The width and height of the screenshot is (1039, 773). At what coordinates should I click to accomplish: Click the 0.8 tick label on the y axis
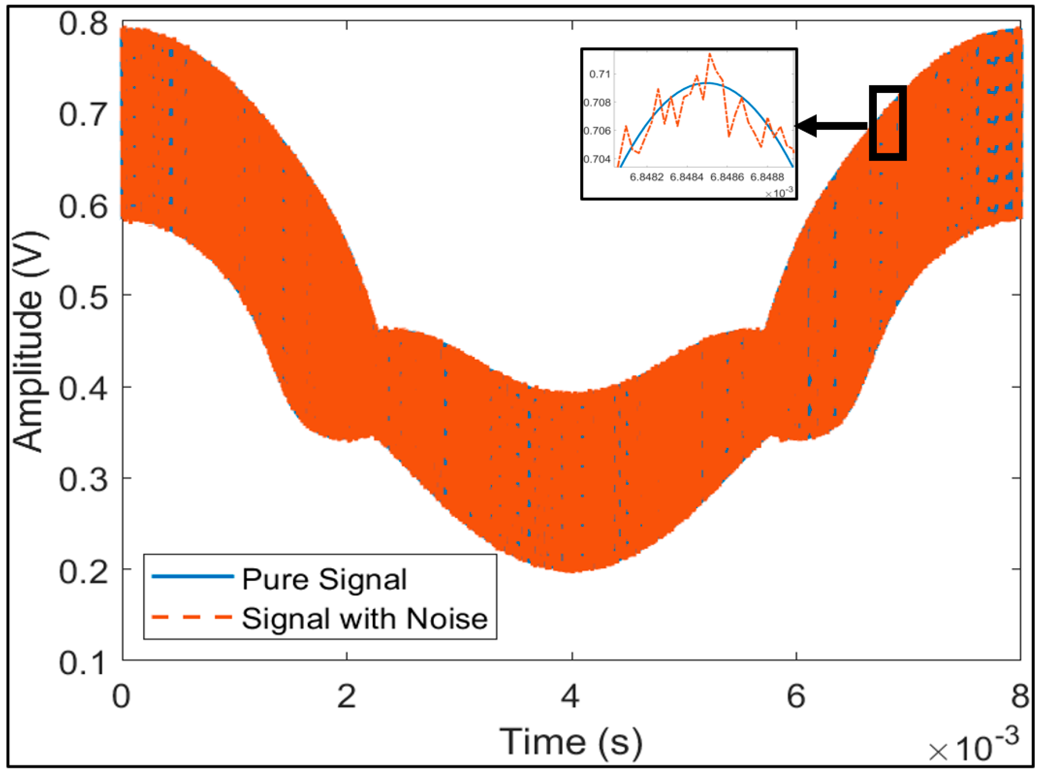point(83,23)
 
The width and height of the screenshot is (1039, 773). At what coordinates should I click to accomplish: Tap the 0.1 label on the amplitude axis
point(83,663)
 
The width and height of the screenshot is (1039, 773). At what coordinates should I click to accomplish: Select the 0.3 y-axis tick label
point(83,479)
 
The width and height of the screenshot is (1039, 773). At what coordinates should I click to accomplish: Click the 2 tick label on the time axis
point(346,696)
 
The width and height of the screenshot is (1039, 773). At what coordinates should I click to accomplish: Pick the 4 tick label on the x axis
point(571,696)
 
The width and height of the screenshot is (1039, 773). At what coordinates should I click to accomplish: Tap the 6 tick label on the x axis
point(796,696)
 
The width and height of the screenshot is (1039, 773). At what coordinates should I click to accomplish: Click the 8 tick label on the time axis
point(1020,696)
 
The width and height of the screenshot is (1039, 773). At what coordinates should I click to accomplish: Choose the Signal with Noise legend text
point(365,618)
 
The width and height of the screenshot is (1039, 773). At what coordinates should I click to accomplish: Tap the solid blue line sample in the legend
point(193,576)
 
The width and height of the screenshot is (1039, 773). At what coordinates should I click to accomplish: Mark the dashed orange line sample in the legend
point(193,617)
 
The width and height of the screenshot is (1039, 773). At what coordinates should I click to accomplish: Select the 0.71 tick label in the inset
point(599,74)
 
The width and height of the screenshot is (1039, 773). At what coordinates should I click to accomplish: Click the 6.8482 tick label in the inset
point(647,178)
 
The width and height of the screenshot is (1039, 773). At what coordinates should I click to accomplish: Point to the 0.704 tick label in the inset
point(597,159)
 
